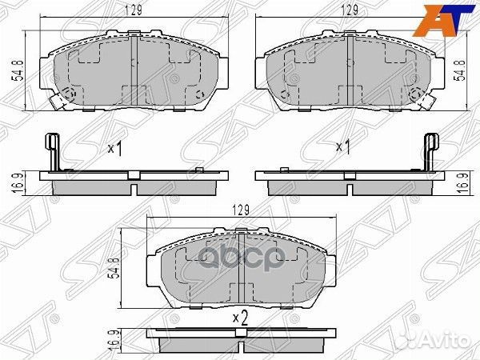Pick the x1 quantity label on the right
point(344,147)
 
